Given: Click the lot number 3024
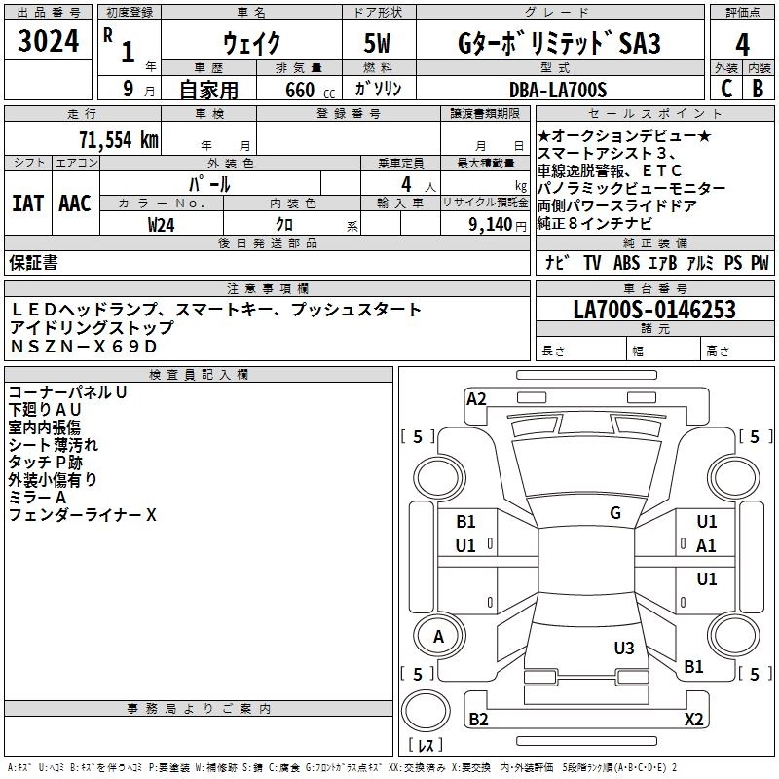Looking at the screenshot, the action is [x=49, y=41].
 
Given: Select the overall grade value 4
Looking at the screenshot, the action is [x=743, y=45].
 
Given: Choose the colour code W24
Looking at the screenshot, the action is [x=162, y=224].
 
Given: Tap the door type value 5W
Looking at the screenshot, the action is [x=379, y=44].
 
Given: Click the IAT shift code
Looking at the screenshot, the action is [x=27, y=204].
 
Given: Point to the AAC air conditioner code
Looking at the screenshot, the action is [x=74, y=204].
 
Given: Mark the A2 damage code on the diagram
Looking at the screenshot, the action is [x=476, y=398].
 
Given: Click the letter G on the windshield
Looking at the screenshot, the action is [x=614, y=513].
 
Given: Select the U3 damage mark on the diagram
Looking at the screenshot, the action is [x=624, y=649].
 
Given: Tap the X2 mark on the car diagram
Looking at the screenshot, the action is [x=693, y=720].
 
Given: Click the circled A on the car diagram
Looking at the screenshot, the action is [x=439, y=637].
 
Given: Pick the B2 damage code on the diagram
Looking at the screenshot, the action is [x=478, y=720].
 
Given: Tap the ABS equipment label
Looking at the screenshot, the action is [x=627, y=263].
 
